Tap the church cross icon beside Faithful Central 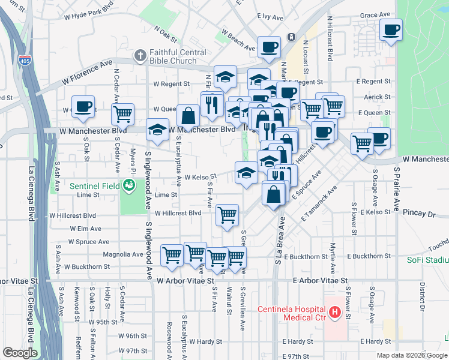point(140,56)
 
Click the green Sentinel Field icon point(128,186)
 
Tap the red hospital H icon point(334,313)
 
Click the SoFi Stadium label point(432,260)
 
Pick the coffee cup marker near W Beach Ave point(269,47)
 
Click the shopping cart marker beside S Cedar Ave point(123,113)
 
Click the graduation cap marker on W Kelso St point(246,173)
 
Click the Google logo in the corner point(20,353)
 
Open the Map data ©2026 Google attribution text point(412,355)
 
